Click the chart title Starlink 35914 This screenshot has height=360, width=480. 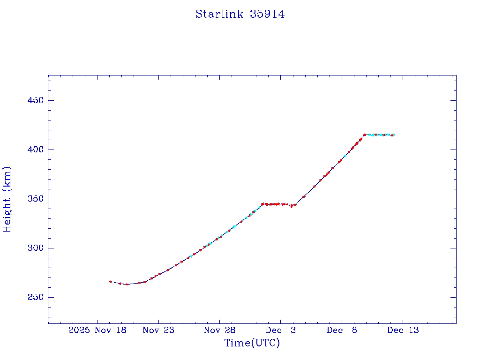point(240,14)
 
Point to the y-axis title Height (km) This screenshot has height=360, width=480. point(7,199)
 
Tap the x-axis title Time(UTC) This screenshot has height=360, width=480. point(252,343)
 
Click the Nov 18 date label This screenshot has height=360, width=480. point(111,330)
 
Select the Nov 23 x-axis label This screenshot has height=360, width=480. point(158,330)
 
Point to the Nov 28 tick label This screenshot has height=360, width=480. point(219,330)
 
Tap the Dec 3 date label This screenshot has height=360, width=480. point(280,330)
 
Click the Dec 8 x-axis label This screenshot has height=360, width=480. point(342,330)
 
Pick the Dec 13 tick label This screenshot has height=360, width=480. point(403,330)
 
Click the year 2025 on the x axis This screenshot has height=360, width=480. point(79,330)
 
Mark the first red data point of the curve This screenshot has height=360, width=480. point(111,281)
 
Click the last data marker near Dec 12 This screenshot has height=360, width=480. point(393,135)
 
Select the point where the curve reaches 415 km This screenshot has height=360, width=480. point(364,135)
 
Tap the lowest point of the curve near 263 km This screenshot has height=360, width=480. point(127,284)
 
